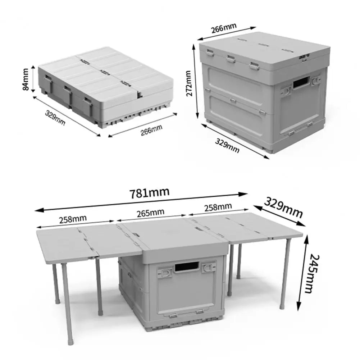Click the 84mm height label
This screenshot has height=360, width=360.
(26, 80)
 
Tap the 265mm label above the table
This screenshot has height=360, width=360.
(151, 212)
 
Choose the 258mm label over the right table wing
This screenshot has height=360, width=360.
(218, 207)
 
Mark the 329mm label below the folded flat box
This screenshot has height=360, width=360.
(55, 117)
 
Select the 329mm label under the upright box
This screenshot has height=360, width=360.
(227, 145)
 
